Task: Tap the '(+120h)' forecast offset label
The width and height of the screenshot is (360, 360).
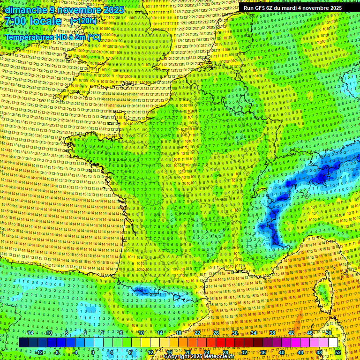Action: [83, 21]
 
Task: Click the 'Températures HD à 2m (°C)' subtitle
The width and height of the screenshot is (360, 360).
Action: [52, 37]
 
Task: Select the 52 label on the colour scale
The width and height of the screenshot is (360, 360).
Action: [338, 352]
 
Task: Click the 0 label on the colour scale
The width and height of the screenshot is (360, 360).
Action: [92, 352]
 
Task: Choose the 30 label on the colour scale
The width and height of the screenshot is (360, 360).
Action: [234, 333]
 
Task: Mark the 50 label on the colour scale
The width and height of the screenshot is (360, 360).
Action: [329, 333]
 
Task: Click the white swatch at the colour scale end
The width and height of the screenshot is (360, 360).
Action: [333, 343]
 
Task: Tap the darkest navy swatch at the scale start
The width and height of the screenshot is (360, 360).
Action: [23, 343]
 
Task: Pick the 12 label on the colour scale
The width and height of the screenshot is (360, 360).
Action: [150, 352]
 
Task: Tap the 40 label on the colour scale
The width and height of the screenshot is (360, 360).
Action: [282, 352]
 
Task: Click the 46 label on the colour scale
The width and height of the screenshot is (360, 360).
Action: [310, 333]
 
